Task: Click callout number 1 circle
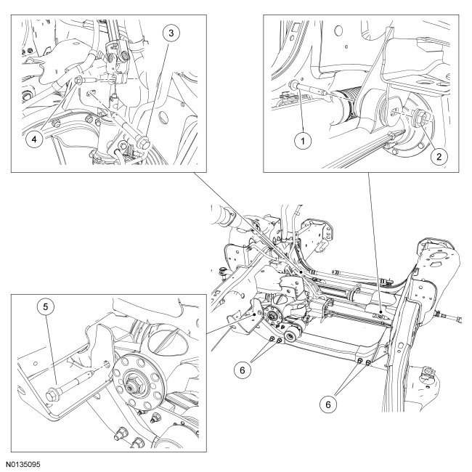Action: (x=303, y=141)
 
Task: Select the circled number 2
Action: (x=439, y=156)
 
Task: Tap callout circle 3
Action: (x=171, y=33)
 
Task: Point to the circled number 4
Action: (x=34, y=139)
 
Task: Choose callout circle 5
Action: (x=46, y=306)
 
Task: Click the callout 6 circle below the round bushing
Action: (x=243, y=370)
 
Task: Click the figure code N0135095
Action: (x=23, y=465)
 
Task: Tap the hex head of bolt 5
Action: (x=53, y=396)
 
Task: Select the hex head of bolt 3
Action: (x=144, y=142)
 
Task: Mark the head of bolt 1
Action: (x=293, y=85)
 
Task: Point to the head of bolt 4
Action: (x=78, y=81)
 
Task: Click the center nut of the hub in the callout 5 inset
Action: (x=133, y=386)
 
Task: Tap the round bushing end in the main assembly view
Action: (x=290, y=335)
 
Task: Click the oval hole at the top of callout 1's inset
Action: (x=338, y=30)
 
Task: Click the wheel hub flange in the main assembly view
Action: (x=272, y=316)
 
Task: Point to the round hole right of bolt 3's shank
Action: (x=163, y=118)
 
